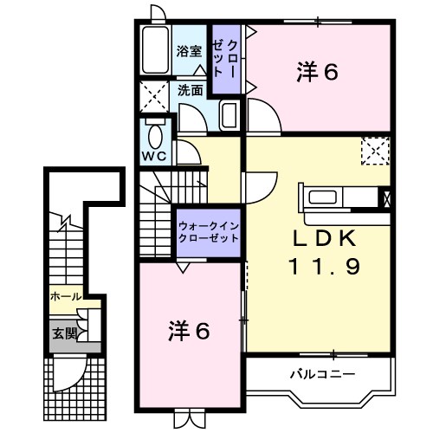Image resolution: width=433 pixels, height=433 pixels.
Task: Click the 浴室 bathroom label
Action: coord(190,51)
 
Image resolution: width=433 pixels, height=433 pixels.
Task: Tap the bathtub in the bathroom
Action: coord(157,52)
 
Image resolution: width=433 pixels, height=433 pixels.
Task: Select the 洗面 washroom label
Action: coord(191,89)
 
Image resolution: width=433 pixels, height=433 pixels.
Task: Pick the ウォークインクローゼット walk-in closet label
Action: coord(207,231)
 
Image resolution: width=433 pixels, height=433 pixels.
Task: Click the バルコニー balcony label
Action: coord(321,374)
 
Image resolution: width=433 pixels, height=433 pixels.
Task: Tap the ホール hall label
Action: coord(66,296)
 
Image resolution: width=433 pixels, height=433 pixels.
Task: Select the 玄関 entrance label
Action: coord(64,332)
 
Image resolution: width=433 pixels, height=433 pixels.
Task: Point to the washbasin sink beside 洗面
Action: coord(229,114)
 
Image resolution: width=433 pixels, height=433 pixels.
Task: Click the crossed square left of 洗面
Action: coord(156,95)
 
